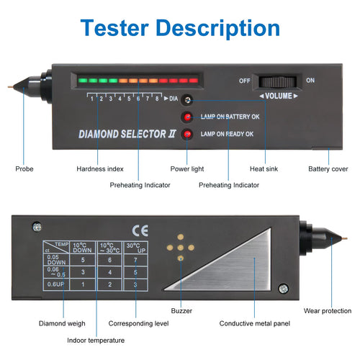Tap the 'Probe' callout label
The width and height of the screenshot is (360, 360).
pos(24,169)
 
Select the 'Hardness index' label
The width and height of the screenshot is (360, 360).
pos(99,169)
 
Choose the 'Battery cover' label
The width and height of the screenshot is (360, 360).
pos(328,169)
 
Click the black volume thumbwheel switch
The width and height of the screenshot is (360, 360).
pos(278,81)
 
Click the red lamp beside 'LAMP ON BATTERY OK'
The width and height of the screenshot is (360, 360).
pos(187,117)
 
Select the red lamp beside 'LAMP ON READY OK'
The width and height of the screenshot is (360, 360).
pos(187,135)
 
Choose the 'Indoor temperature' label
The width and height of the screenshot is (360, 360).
pos(96,340)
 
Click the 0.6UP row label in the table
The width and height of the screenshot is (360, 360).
pos(55,284)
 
